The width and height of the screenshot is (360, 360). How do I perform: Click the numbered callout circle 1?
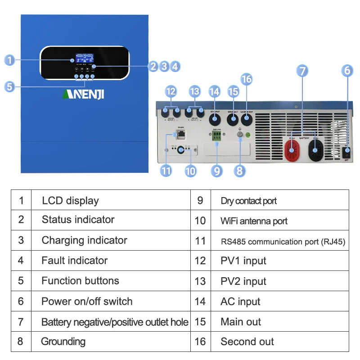pyautogui.click(x=10, y=59)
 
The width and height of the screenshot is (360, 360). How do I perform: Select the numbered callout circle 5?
pyautogui.click(x=10, y=86)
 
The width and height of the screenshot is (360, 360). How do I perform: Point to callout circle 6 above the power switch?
pyautogui.click(x=346, y=71)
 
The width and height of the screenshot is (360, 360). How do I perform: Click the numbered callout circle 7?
pyautogui.click(x=302, y=71)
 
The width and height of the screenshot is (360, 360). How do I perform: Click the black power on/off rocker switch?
pyautogui.click(x=346, y=153)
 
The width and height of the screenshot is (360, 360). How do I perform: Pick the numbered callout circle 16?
pyautogui.click(x=247, y=79)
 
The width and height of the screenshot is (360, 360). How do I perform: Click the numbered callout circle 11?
pyautogui.click(x=166, y=171)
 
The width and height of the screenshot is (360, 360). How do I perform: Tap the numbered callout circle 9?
pyautogui.click(x=217, y=171)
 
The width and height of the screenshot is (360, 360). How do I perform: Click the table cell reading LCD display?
pyautogui.click(x=70, y=200)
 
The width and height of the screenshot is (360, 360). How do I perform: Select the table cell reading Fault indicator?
pyautogui.click(x=75, y=261)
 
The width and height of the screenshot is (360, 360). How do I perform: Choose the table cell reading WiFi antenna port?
pyautogui.click(x=254, y=221)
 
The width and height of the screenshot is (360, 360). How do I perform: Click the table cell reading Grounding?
pyautogui.click(x=63, y=342)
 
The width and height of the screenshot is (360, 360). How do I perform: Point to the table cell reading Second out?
pyautogui.click(x=247, y=342)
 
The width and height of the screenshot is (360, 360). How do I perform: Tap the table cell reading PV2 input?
pyautogui.click(x=243, y=281)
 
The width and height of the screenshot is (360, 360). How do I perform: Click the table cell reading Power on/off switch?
pyautogui.click(x=87, y=301)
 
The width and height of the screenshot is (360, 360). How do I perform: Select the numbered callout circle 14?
pyautogui.click(x=215, y=91)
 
